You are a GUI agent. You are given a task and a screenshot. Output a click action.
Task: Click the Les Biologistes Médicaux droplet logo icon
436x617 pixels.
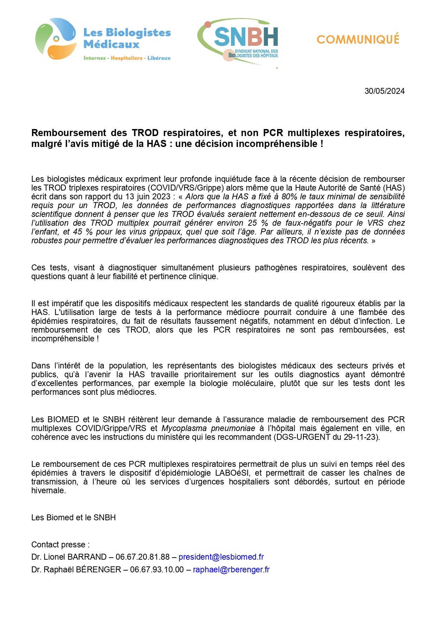(56, 39)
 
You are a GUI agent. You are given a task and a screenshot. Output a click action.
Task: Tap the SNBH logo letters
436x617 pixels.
(246, 37)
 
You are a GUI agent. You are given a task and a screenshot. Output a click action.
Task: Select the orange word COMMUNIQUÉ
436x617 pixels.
(358, 39)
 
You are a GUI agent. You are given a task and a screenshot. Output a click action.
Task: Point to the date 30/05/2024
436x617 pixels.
(384, 91)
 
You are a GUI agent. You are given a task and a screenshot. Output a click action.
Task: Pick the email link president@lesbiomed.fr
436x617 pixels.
(221, 557)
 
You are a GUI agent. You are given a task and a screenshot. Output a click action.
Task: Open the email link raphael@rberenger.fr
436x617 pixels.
(231, 570)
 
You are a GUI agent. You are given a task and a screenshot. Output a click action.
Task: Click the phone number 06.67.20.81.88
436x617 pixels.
(142, 557)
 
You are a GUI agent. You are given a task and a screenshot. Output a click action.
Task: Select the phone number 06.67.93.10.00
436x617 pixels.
(157, 570)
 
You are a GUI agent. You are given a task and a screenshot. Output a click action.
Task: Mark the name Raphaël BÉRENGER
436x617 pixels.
(82, 570)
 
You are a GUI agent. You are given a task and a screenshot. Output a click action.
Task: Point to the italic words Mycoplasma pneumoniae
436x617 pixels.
(208, 428)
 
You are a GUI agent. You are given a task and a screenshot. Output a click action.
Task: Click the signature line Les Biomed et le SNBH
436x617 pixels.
(73, 518)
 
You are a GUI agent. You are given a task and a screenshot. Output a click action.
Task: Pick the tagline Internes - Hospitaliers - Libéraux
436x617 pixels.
(127, 58)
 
